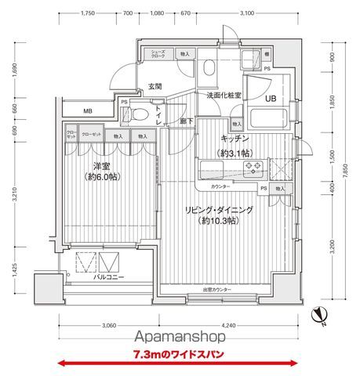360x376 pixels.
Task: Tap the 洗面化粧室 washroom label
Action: click(x=224, y=95)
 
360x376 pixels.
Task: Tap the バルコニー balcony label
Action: click(x=109, y=277)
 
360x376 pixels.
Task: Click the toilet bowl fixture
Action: click(x=138, y=115)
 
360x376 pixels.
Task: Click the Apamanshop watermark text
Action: click(x=179, y=337)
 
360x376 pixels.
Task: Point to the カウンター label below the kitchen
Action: click(x=223, y=188)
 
